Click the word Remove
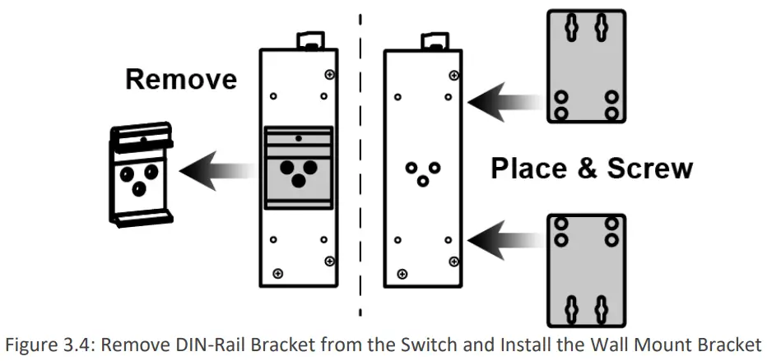(180, 79)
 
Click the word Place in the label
(536, 169)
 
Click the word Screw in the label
(649, 169)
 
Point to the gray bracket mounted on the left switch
(298, 164)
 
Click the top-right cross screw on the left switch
(329, 75)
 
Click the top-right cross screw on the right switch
(453, 75)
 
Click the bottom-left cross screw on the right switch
(401, 271)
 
